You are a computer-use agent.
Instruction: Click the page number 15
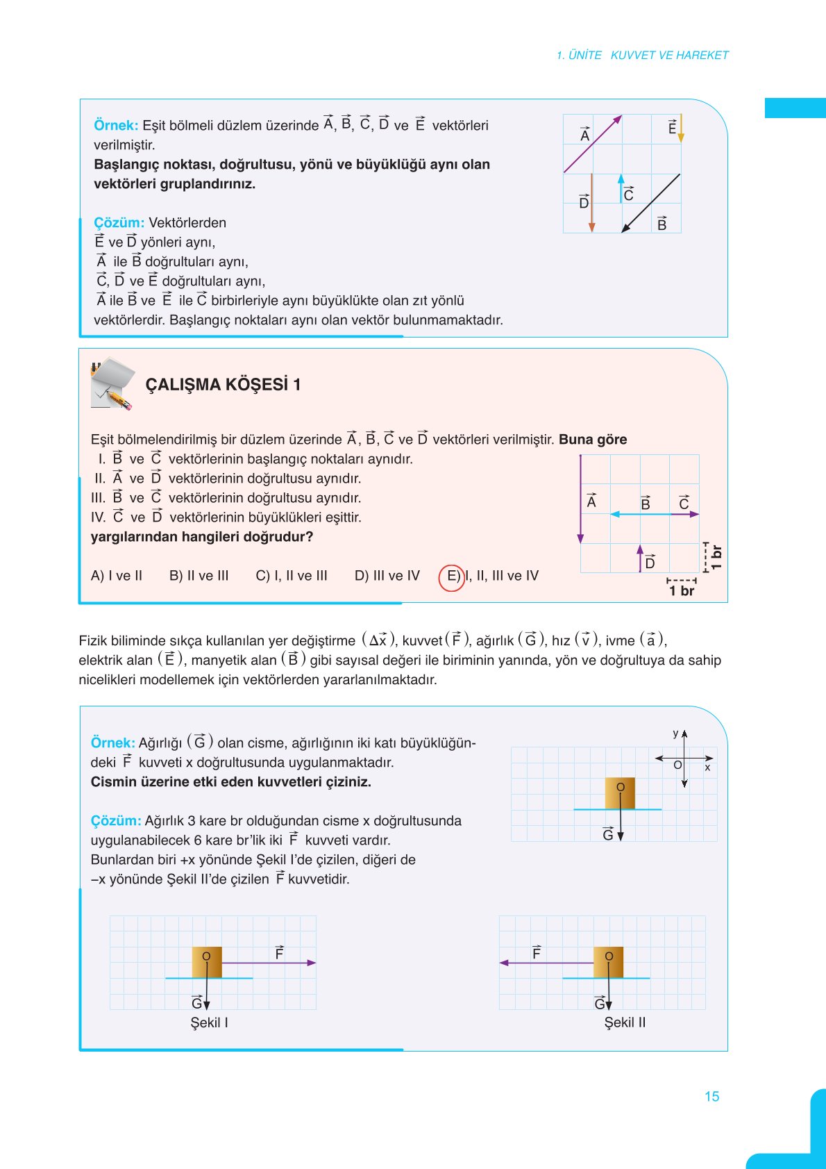(711, 1096)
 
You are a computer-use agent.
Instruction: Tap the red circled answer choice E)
(452, 576)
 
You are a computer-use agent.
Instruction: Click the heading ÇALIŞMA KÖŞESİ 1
(223, 385)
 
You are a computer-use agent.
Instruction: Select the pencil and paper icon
(112, 383)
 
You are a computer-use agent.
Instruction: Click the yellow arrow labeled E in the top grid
(680, 128)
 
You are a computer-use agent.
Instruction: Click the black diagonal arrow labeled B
(650, 203)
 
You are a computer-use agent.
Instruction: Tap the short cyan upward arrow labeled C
(621, 188)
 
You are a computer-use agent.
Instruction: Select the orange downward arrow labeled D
(591, 203)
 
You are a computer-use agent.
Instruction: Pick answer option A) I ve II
(117, 576)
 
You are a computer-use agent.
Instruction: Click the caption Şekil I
(209, 1022)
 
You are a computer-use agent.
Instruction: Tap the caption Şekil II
(625, 1022)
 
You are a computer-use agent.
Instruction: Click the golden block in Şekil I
(207, 962)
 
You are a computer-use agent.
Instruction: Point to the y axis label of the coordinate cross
(675, 733)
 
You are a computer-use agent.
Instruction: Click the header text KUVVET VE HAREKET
(669, 55)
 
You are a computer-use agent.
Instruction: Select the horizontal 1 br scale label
(681, 591)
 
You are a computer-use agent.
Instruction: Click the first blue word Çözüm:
(119, 223)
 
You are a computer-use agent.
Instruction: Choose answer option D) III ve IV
(387, 576)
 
